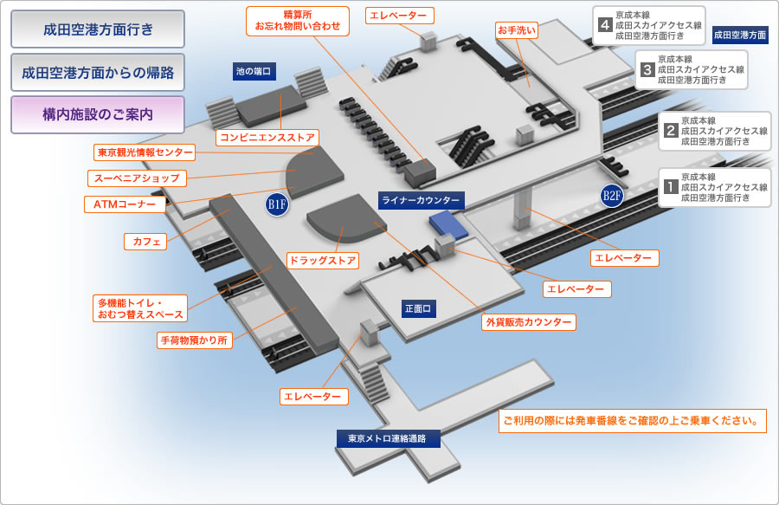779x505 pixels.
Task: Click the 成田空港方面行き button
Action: point(98,29)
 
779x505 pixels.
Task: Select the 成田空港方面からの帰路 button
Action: point(98,73)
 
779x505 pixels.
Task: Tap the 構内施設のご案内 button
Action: point(98,114)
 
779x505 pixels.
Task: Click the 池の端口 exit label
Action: point(254,72)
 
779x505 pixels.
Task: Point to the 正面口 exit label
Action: point(418,308)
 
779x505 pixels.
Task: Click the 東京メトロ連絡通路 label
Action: point(388,438)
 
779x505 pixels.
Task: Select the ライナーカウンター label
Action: point(421,201)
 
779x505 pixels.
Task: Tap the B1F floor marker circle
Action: point(277,204)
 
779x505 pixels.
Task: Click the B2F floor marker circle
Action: point(612,195)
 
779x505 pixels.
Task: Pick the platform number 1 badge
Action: point(670,185)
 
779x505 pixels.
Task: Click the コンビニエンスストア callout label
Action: point(267,137)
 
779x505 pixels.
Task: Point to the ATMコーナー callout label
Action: point(125,204)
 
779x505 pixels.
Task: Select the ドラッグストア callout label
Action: point(323,261)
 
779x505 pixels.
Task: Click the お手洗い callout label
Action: point(517,30)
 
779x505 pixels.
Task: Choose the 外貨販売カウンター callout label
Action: point(528,322)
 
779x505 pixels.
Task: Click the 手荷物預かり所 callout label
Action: point(195,340)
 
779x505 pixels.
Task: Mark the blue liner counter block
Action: point(447,223)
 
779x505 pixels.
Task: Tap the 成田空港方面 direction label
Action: point(740,36)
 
